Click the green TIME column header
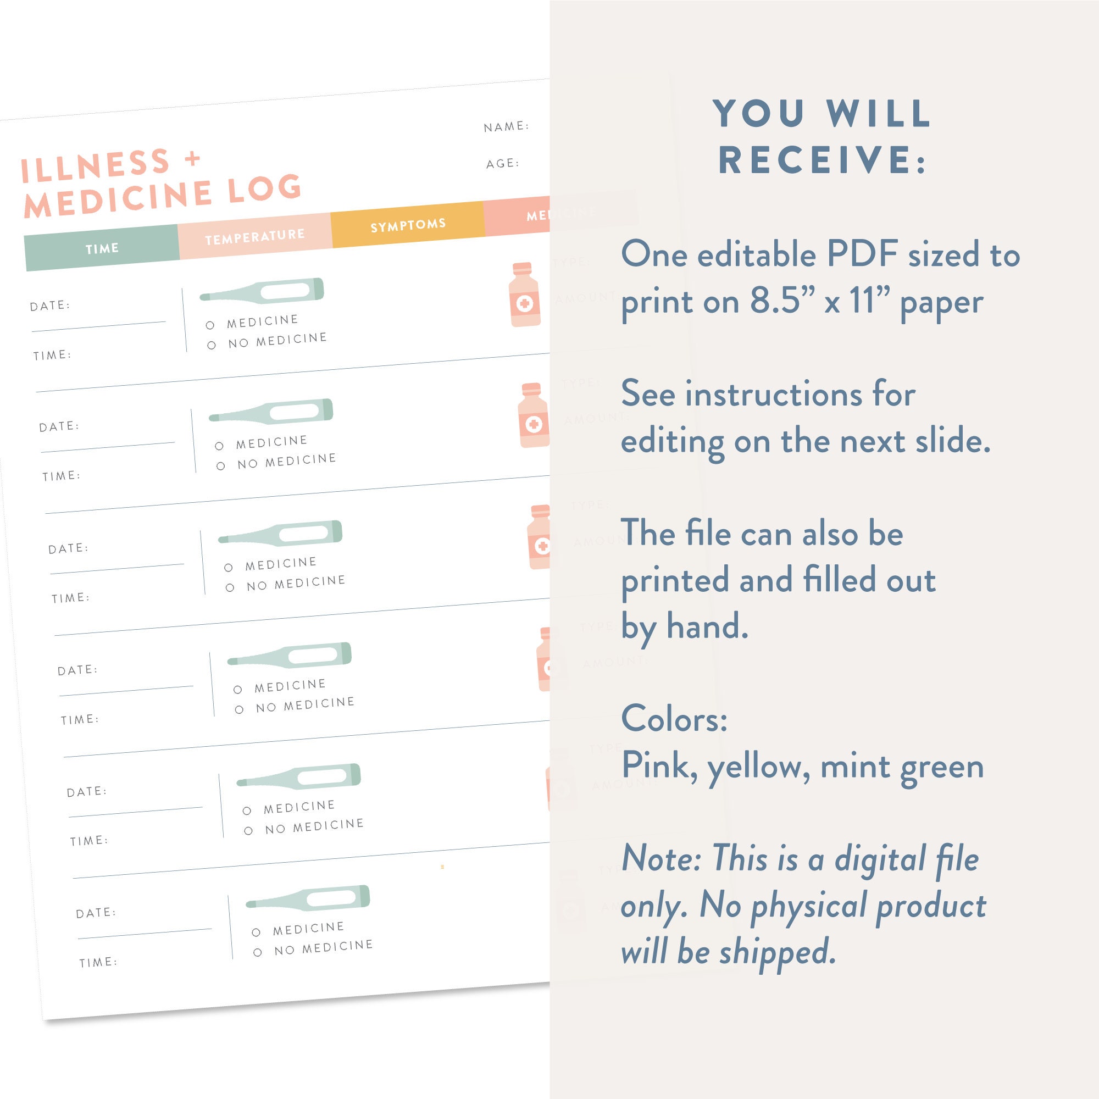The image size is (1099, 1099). [x=102, y=248]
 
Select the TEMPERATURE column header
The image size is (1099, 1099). [x=254, y=236]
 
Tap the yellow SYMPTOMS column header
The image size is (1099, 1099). [x=408, y=225]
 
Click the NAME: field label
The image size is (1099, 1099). [x=506, y=126]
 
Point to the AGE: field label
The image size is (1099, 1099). [x=502, y=164]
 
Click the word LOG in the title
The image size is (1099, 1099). [x=264, y=189]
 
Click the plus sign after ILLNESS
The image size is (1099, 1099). [x=193, y=158]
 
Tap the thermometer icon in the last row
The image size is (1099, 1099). [x=308, y=898]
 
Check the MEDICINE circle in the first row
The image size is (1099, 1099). [x=210, y=325]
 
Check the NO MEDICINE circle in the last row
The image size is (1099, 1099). [x=258, y=952]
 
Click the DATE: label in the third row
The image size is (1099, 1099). [x=68, y=548]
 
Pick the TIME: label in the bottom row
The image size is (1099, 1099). [x=98, y=962]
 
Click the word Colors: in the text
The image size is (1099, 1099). [x=674, y=718]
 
